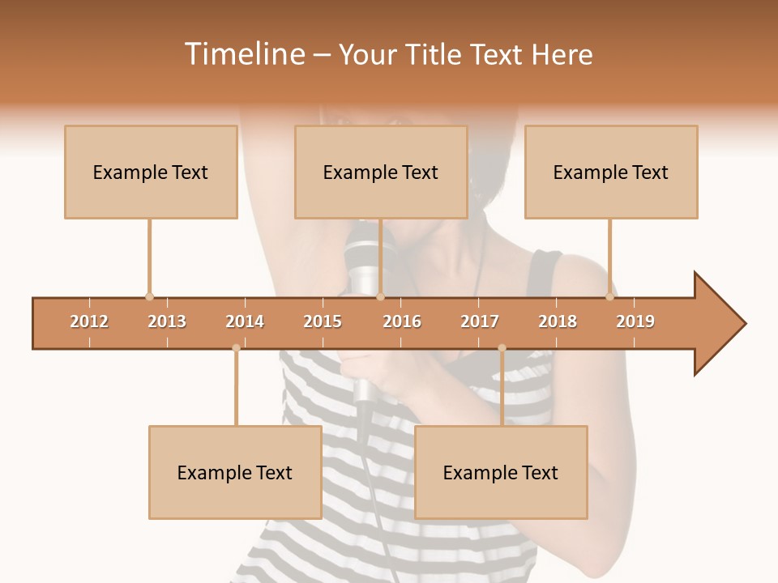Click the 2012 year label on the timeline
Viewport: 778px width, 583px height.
tap(89, 321)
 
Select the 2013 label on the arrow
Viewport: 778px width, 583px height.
tap(167, 321)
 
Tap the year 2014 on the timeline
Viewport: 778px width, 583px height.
tap(245, 321)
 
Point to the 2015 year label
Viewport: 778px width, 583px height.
tap(323, 321)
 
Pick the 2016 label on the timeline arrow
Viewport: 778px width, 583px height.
tap(402, 321)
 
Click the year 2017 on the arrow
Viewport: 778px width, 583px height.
tap(480, 321)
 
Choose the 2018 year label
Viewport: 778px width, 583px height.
tap(558, 321)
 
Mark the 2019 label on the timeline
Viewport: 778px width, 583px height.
tap(635, 321)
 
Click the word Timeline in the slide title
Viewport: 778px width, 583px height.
tap(243, 54)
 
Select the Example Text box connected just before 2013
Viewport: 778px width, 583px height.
tap(151, 172)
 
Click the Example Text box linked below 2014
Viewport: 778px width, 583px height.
tap(235, 472)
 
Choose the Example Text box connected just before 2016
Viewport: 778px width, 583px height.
tap(381, 172)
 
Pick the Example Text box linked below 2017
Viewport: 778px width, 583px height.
tap(501, 472)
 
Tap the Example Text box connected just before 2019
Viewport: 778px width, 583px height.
tap(611, 172)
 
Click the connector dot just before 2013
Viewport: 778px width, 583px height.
tap(149, 296)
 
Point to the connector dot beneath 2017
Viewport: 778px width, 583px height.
tap(502, 348)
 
